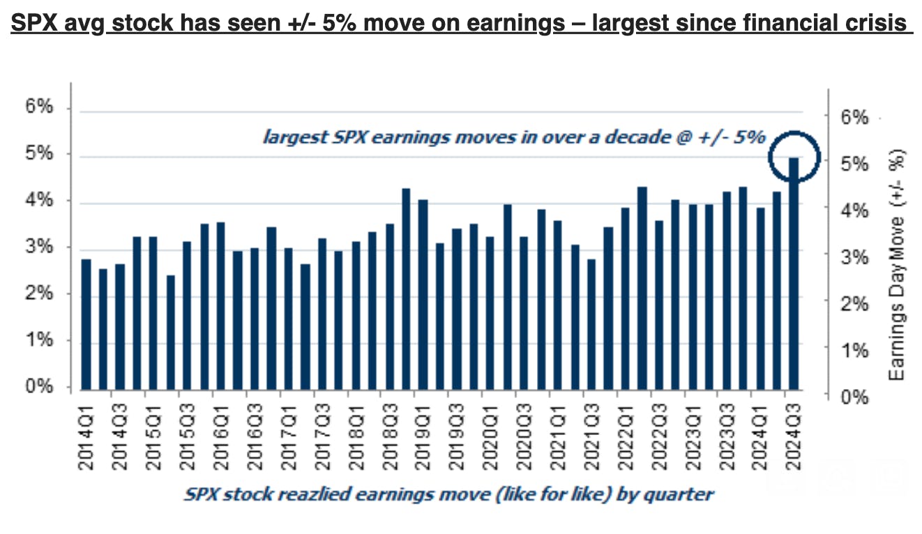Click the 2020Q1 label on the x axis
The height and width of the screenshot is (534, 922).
(490, 433)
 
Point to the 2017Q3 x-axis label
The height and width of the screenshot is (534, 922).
(321, 433)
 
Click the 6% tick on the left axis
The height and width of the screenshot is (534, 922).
(40, 107)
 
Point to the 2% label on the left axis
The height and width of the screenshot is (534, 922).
(40, 293)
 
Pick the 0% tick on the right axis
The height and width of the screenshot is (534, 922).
(854, 397)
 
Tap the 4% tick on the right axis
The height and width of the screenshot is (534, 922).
(854, 211)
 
